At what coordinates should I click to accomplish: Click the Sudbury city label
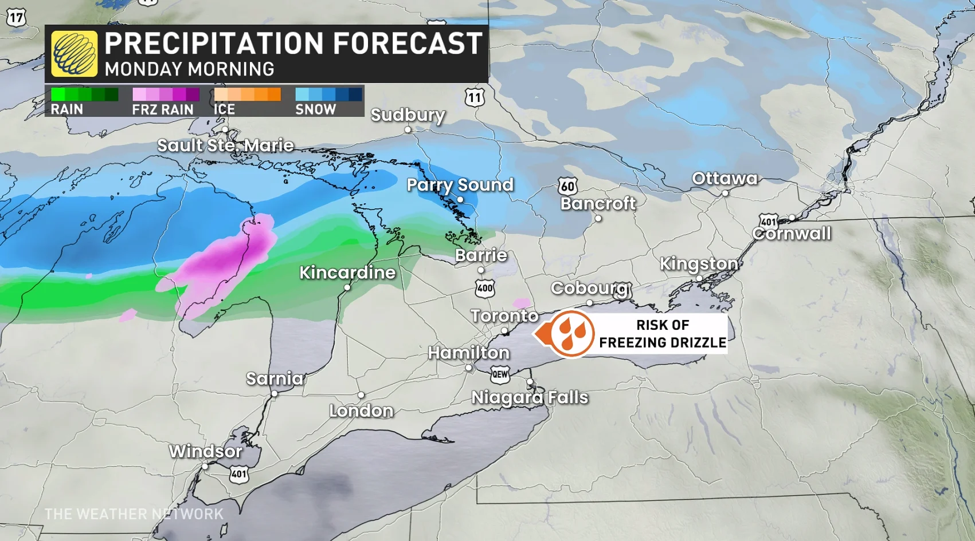(408, 115)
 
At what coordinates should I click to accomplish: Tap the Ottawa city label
(725, 179)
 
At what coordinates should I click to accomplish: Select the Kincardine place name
(347, 273)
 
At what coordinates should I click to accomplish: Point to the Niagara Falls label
(530, 397)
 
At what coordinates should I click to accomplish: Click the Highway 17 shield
(16, 18)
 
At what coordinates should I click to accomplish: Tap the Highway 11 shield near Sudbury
(475, 97)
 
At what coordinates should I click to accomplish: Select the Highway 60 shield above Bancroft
(567, 186)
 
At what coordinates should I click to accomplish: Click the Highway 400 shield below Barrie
(485, 289)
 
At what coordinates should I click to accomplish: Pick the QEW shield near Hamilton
(500, 375)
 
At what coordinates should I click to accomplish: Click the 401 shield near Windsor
(239, 474)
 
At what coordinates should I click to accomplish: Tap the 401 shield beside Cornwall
(768, 222)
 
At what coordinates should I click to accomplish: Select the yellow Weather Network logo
(74, 54)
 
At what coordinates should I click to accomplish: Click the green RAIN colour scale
(84, 94)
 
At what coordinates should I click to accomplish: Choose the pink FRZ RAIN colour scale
(166, 94)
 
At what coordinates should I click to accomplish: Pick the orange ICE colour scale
(247, 94)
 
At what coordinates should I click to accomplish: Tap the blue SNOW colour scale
(328, 94)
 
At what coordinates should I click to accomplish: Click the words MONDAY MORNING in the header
(189, 69)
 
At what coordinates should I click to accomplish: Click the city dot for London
(361, 395)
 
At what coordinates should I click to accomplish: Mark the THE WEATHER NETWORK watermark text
(134, 514)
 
